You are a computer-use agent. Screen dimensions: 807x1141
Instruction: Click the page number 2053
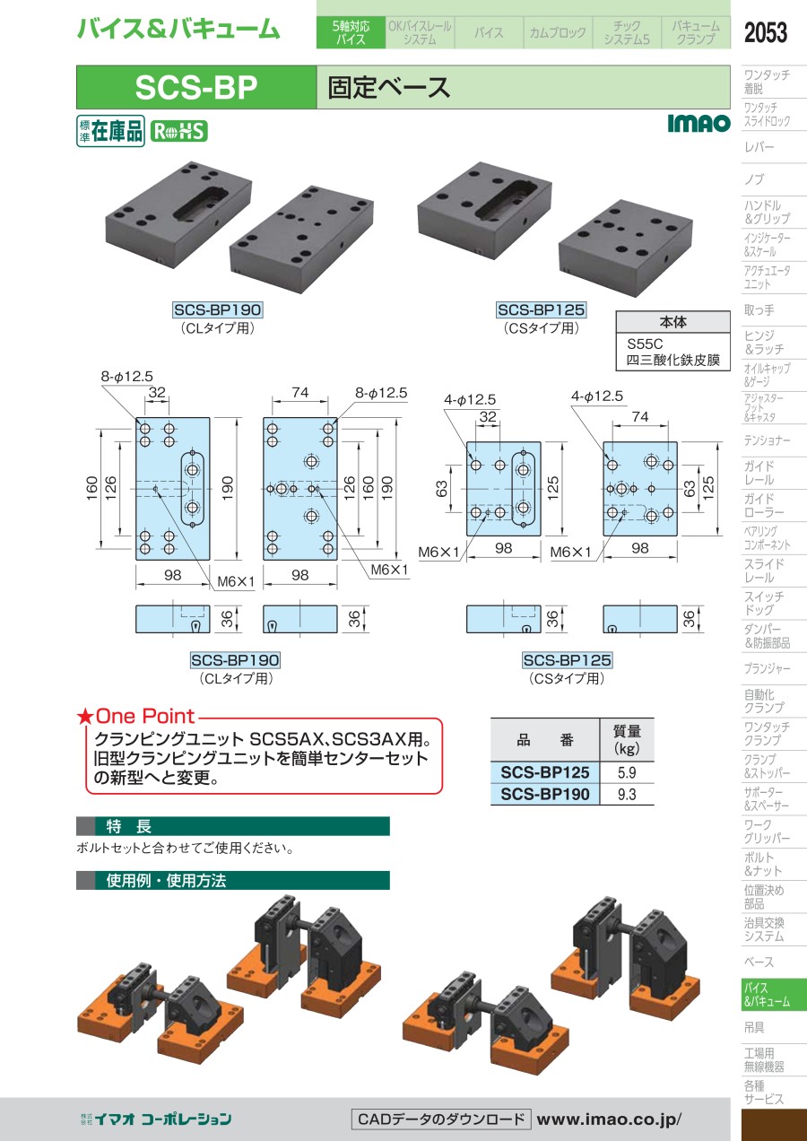(x=765, y=32)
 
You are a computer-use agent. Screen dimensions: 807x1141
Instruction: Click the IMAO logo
(x=699, y=123)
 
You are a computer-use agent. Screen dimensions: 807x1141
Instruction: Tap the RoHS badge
(x=179, y=132)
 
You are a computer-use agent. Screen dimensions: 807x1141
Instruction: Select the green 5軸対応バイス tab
(x=351, y=32)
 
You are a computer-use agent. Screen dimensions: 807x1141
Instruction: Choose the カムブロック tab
(x=558, y=32)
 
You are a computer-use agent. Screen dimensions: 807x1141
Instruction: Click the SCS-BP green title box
(x=196, y=87)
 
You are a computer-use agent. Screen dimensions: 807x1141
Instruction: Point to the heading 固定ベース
(x=389, y=87)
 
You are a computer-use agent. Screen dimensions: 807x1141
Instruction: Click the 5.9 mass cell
(x=627, y=772)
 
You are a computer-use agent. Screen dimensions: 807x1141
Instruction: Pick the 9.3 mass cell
(x=627, y=794)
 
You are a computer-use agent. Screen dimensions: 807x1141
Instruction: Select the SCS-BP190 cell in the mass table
(x=545, y=794)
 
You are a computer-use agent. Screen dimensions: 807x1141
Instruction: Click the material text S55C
(x=645, y=344)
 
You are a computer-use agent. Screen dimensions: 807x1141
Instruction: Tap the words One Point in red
(x=145, y=716)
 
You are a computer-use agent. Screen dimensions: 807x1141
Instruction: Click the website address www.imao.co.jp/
(x=609, y=1119)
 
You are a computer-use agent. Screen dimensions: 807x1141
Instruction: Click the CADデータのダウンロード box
(x=441, y=1119)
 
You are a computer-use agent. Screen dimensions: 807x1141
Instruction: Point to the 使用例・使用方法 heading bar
(x=232, y=880)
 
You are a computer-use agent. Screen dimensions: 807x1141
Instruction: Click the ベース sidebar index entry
(x=759, y=962)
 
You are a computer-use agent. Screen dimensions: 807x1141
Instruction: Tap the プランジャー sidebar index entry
(x=768, y=668)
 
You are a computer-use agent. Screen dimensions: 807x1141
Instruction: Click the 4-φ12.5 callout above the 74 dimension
(x=596, y=396)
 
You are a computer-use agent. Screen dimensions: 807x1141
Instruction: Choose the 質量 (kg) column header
(x=627, y=740)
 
